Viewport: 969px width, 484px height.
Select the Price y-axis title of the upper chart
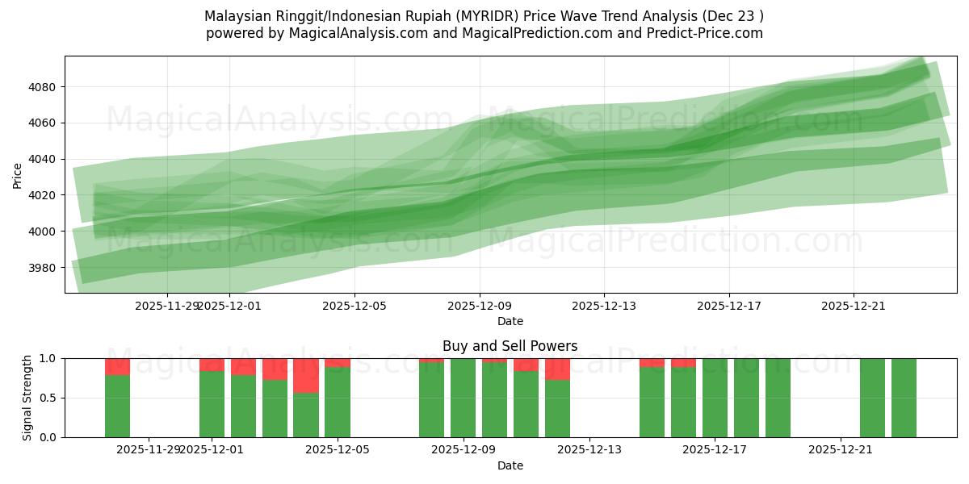coord(18,175)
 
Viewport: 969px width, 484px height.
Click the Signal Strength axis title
coord(27,398)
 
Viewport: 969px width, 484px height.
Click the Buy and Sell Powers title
coord(510,346)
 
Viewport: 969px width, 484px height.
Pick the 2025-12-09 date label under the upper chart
coord(480,306)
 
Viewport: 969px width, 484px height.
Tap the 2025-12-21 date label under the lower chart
coord(841,449)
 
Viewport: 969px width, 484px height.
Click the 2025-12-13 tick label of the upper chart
coord(604,306)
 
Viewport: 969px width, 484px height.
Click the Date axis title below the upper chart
coord(510,321)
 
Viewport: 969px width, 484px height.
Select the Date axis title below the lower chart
coord(510,465)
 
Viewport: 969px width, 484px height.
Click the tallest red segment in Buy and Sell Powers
coord(306,376)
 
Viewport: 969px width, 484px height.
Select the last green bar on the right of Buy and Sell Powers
coord(904,398)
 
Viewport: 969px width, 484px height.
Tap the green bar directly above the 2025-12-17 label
coord(715,398)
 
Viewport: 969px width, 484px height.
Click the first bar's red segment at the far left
coord(117,367)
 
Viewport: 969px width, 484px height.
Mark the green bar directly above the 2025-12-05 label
coord(338,403)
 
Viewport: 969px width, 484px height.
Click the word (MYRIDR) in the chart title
coord(526,16)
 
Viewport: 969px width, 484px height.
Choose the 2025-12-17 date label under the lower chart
coord(715,449)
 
